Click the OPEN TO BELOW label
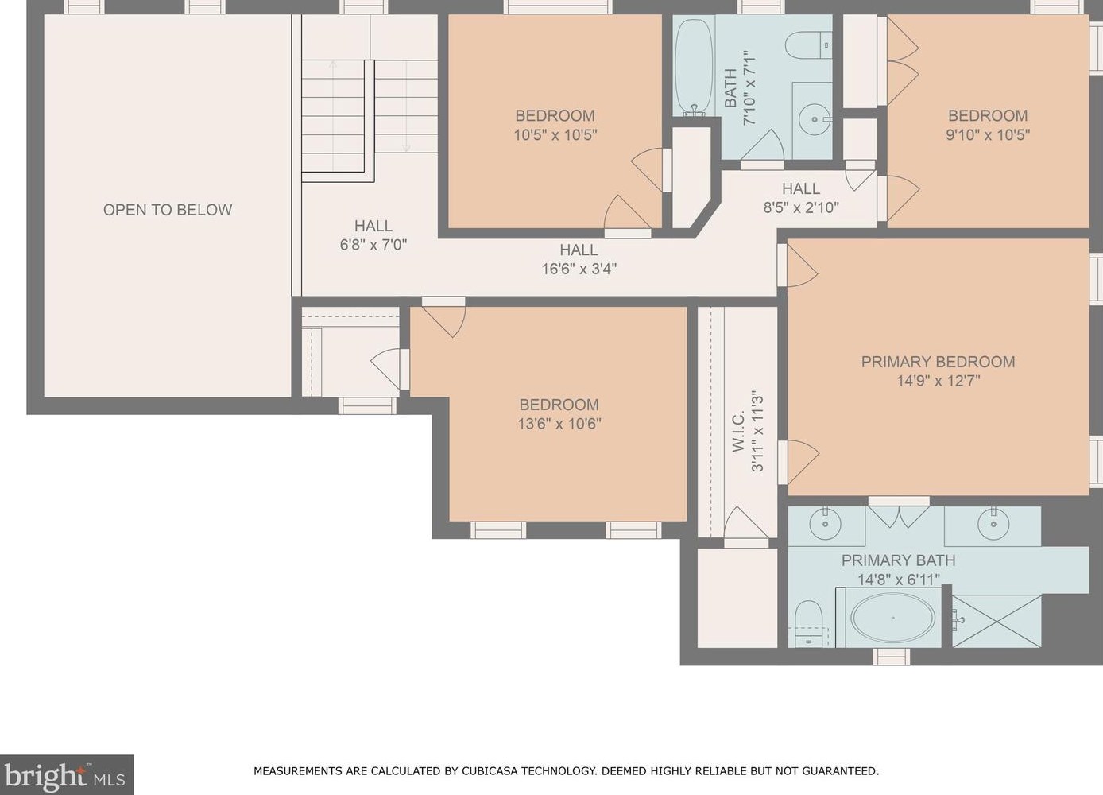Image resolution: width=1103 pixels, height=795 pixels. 168,210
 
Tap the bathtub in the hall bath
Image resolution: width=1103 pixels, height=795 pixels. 693,67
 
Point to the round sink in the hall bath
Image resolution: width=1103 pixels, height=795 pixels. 815,119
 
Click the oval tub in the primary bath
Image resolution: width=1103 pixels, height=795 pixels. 892,618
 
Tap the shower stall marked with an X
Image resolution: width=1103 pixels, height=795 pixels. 997,621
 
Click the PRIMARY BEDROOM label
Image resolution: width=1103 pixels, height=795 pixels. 938,362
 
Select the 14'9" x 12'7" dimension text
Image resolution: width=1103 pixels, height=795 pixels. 938,381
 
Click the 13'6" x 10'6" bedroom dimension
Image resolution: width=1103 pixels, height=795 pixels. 559,424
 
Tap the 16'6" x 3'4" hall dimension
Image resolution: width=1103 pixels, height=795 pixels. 579,269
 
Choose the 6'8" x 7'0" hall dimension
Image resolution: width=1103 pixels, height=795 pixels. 373,245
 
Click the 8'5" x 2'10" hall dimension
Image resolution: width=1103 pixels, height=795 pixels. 801,207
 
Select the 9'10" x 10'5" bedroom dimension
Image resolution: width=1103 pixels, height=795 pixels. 988,134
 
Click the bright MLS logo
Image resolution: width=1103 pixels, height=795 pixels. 66,775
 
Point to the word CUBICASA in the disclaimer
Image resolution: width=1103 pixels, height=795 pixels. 488,771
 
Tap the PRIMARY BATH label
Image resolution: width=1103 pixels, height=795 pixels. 899,560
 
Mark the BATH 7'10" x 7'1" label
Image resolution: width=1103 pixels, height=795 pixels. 740,89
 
